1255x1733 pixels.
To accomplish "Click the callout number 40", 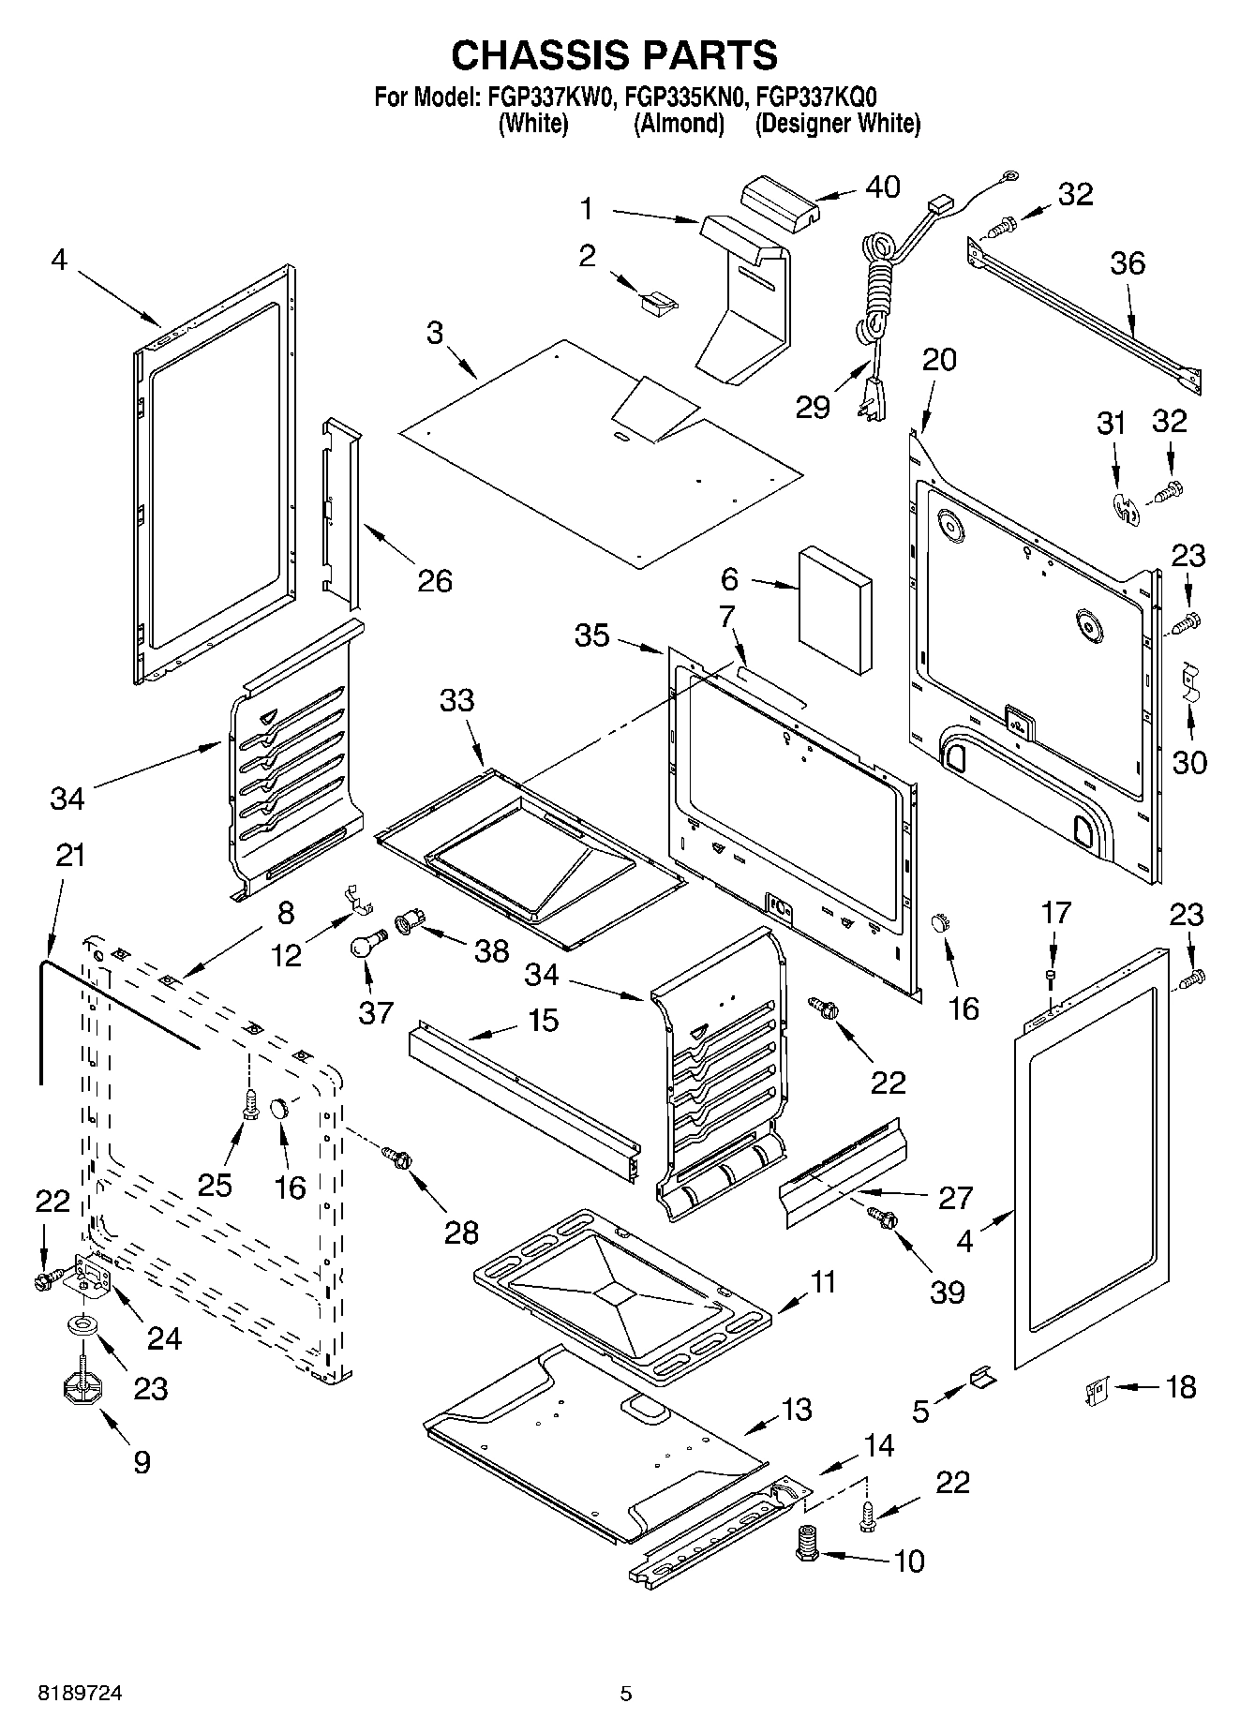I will point(882,187).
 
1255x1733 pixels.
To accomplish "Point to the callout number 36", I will point(1128,263).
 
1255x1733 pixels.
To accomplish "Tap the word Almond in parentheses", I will point(680,123).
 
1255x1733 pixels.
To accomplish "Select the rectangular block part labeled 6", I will point(834,612).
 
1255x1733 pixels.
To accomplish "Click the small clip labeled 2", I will point(659,301).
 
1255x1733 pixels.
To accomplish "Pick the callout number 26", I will point(435,581).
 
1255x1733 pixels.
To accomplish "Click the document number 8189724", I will point(80,1694).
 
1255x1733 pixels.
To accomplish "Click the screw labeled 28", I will point(396,1158).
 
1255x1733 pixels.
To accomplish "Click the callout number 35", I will point(592,635).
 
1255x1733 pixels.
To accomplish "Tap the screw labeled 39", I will point(883,1219).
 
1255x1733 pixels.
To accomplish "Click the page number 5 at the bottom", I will point(626,1694).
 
